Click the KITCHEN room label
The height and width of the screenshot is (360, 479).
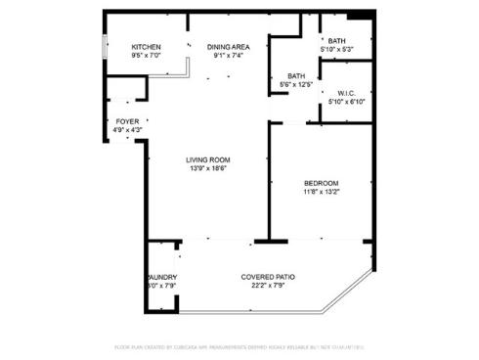point(146,47)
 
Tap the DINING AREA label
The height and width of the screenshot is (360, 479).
point(228,47)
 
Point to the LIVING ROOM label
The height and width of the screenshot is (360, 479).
point(208,159)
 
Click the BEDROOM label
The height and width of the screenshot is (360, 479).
point(321,183)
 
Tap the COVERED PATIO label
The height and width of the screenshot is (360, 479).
point(268,277)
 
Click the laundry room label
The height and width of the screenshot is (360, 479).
point(162,277)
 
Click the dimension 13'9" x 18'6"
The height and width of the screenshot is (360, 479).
point(208,168)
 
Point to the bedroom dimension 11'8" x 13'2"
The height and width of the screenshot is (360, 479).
point(321,192)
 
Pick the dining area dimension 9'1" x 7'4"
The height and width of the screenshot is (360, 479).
point(228,56)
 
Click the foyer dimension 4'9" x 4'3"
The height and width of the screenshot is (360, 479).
point(128,129)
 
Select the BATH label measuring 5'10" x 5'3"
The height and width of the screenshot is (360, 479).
point(336,40)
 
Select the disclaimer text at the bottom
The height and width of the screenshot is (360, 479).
point(239,346)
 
